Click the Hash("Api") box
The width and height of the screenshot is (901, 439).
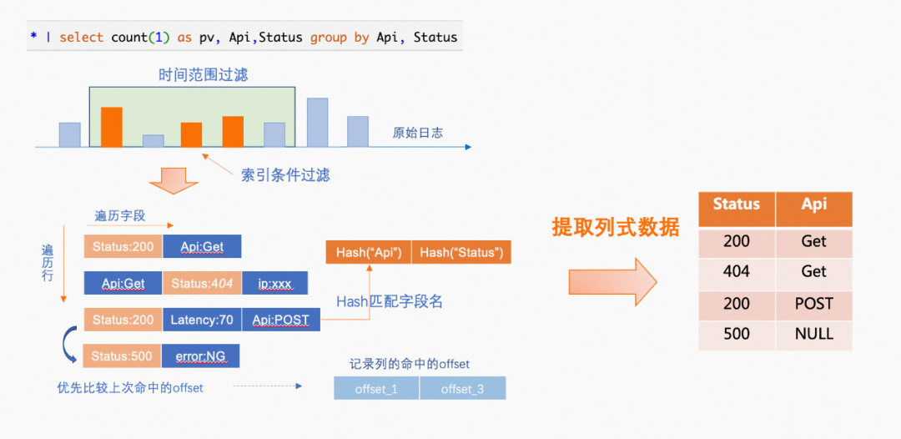point(368,252)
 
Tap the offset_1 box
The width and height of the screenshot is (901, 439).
point(376,389)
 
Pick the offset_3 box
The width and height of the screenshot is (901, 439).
point(462,389)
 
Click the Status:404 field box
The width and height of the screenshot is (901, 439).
point(201,283)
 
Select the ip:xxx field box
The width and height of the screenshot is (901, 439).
point(274,283)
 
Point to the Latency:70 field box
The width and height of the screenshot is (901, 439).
point(201,320)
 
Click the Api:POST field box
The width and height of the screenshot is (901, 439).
point(280,320)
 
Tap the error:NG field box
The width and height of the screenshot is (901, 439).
point(200,356)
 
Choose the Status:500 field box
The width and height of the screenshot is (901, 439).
point(122,356)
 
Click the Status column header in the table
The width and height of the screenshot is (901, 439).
point(737,205)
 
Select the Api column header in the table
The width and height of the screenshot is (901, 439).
point(813,205)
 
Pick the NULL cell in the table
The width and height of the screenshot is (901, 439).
point(813,334)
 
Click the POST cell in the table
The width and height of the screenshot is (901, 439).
point(813,303)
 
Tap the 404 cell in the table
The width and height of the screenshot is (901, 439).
point(737,271)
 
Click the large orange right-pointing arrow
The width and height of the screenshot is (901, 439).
point(612,281)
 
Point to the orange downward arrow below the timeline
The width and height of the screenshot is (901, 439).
point(174,179)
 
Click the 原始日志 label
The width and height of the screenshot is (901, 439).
point(417,133)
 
